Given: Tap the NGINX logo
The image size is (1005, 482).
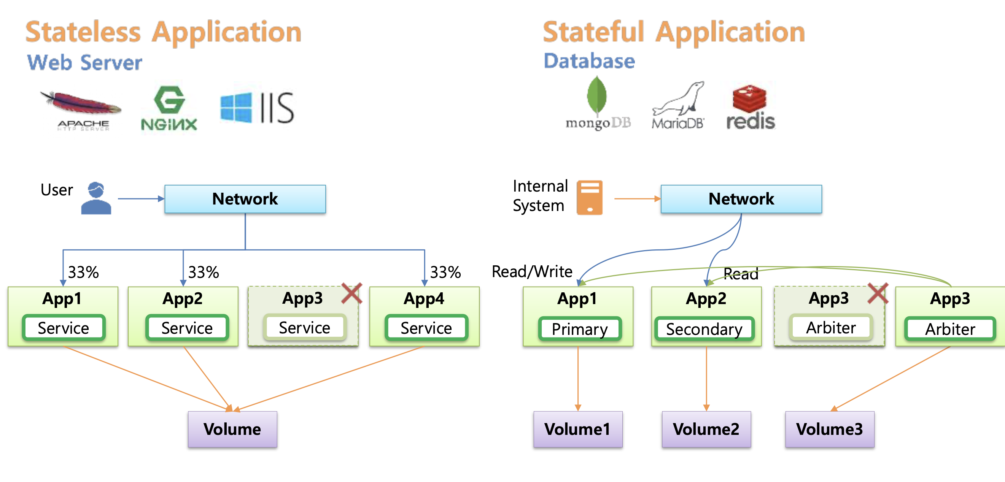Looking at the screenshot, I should click(x=169, y=108).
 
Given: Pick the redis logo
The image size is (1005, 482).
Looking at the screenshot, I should click(x=750, y=107).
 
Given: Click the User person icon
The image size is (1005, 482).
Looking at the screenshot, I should click(x=96, y=198).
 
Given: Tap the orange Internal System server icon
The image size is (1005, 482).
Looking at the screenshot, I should click(x=589, y=197).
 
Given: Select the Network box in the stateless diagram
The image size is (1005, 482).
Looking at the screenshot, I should click(x=245, y=199).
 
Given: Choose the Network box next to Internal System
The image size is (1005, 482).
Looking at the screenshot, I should click(x=741, y=199).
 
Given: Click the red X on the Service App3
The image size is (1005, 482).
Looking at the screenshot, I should click(x=351, y=293).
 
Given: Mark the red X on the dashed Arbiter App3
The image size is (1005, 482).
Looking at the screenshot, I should click(x=878, y=293).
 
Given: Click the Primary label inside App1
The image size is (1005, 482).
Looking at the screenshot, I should click(x=579, y=329).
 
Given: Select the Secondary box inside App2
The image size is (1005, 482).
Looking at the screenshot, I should click(x=704, y=329).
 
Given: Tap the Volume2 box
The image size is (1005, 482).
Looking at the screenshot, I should click(x=706, y=429).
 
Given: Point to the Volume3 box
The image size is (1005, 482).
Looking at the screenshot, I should click(x=829, y=429).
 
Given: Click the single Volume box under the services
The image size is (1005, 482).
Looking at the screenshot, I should click(x=232, y=429).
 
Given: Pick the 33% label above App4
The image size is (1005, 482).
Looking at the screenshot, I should click(x=445, y=272).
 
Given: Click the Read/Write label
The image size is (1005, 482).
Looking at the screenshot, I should click(x=532, y=271).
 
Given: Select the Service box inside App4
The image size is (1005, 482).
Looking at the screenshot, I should click(x=426, y=328).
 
